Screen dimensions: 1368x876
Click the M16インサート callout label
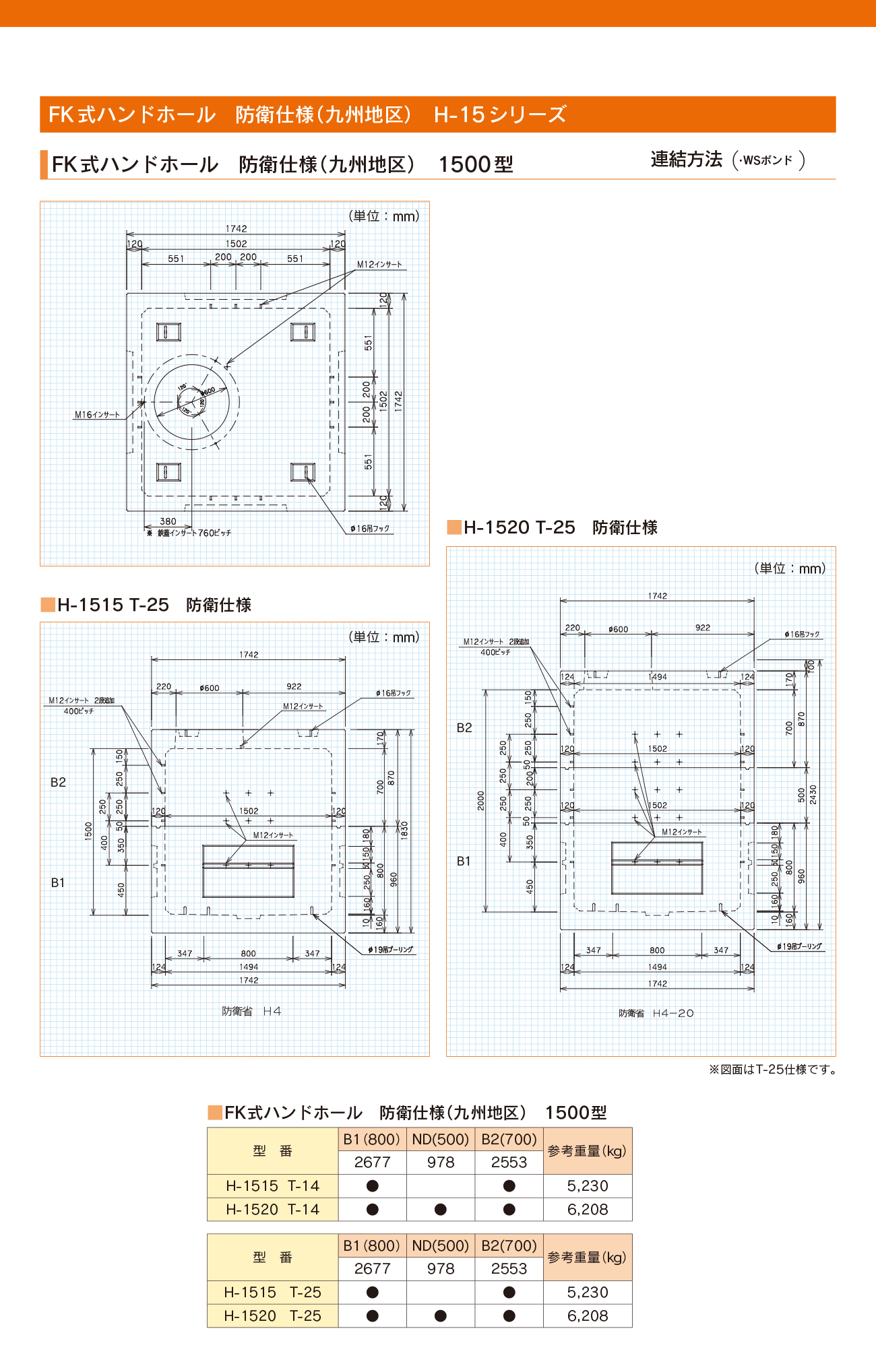[96, 415]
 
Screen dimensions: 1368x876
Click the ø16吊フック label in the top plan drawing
[370, 529]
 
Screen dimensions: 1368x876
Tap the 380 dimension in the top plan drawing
[168, 521]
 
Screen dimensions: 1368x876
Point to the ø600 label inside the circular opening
[208, 391]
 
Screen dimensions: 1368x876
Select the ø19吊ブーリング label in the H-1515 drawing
[391, 950]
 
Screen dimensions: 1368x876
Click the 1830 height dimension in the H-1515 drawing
[404, 830]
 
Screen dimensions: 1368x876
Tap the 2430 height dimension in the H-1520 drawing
[813, 794]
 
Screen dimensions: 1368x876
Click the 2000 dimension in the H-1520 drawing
[481, 800]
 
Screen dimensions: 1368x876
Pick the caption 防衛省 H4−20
[656, 1013]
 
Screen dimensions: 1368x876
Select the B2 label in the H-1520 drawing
[464, 727]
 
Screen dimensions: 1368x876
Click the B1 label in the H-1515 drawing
[58, 882]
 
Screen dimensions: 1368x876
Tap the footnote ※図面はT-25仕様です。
[773, 1070]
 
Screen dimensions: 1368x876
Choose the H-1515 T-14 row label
[272, 1185]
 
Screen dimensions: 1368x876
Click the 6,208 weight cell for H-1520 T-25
[588, 1315]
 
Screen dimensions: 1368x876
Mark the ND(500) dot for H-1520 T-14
[441, 1209]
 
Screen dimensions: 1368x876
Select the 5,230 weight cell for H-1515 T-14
[588, 1185]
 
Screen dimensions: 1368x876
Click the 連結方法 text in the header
[686, 160]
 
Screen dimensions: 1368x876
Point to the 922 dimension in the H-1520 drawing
[703, 628]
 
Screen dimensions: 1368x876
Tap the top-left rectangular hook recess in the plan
[168, 332]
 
